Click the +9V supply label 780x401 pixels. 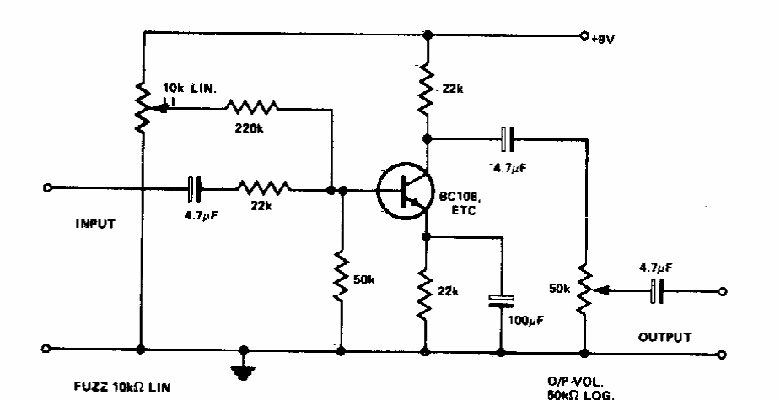[605, 39]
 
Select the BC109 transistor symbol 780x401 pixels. [402, 191]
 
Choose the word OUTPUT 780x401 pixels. [665, 336]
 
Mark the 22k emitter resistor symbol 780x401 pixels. [427, 291]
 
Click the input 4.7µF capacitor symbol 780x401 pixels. [194, 190]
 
